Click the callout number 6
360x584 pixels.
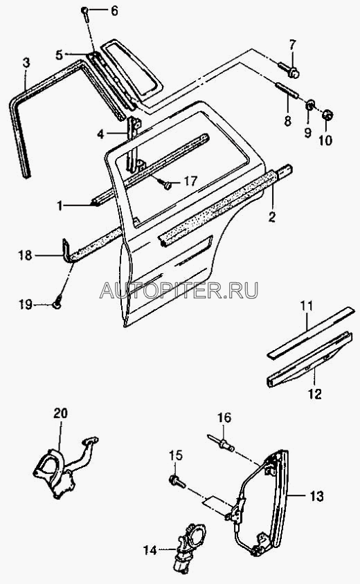[x=114, y=11]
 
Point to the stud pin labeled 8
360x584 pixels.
[x=286, y=91]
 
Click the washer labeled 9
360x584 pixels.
[x=309, y=105]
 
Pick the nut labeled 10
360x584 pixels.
[x=327, y=116]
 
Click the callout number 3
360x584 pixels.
[x=26, y=64]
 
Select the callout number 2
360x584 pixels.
[x=272, y=217]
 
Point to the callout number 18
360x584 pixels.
[x=26, y=255]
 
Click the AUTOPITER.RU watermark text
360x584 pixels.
[x=179, y=290]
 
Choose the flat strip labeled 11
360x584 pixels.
[x=310, y=332]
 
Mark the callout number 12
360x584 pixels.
[x=315, y=394]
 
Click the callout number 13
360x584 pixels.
[x=316, y=496]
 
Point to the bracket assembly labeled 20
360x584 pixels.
[x=64, y=468]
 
